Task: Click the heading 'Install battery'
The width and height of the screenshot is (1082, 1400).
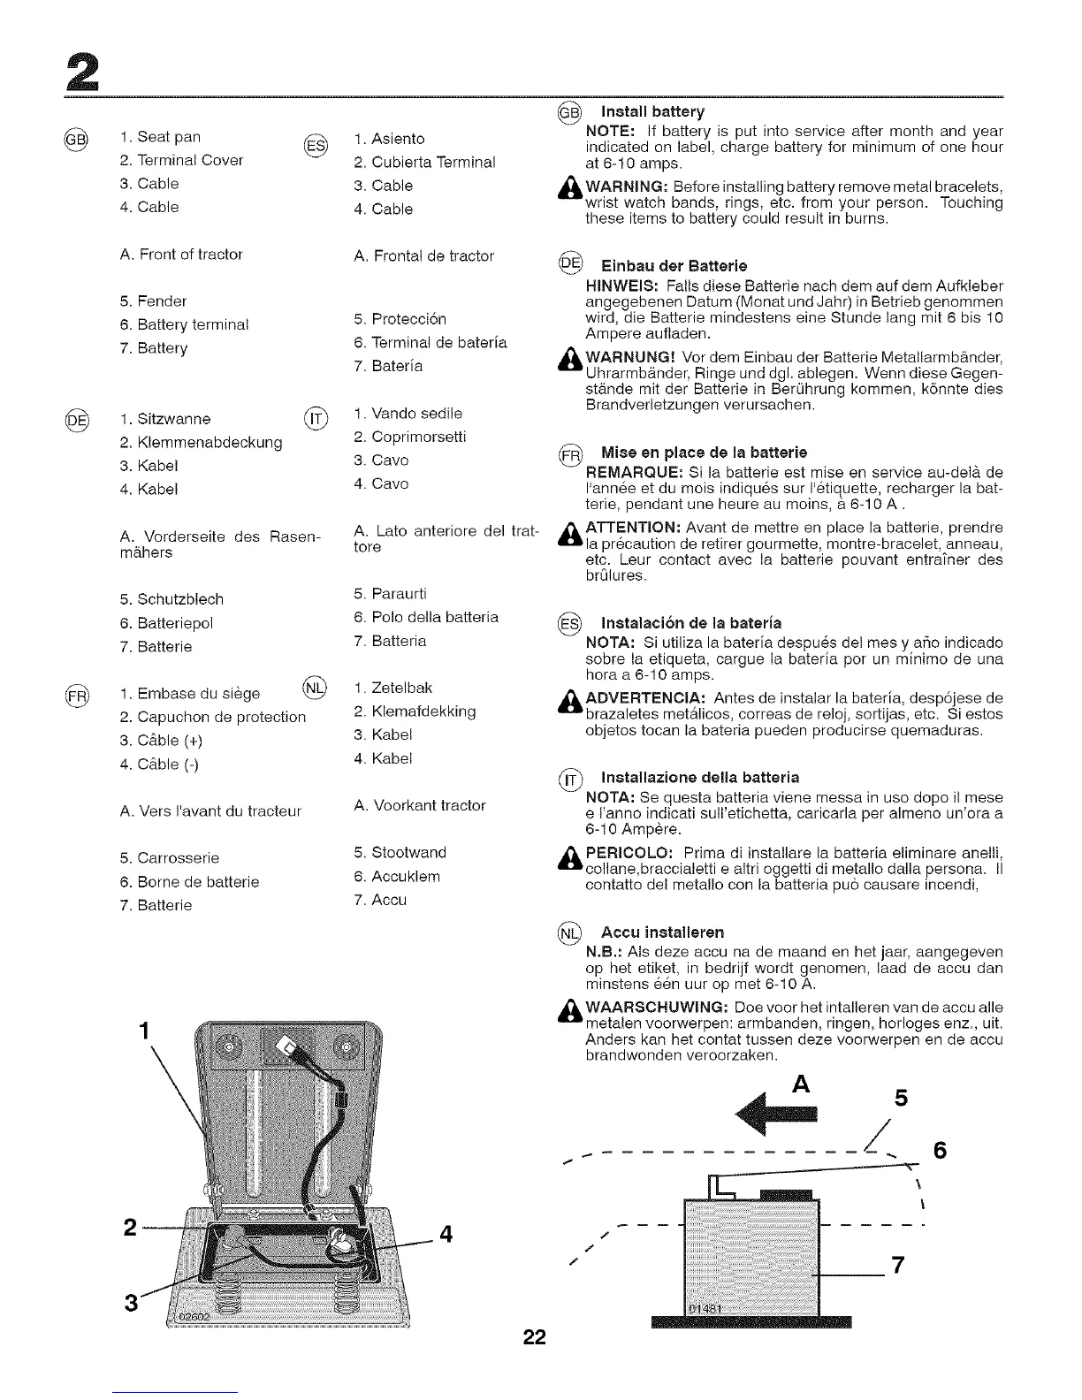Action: (652, 111)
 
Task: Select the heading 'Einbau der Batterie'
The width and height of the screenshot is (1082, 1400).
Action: (673, 266)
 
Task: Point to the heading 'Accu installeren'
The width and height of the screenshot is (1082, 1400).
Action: (662, 932)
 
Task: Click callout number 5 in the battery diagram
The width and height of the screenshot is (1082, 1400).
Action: (901, 1098)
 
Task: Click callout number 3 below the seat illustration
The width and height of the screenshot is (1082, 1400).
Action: (132, 1303)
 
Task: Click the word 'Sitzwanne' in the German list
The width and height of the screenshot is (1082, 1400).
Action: (174, 419)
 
